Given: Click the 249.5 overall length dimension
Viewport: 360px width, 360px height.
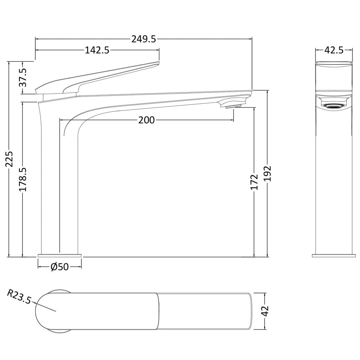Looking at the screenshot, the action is tap(144, 39).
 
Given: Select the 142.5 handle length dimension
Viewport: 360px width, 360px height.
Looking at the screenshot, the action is tap(97, 50).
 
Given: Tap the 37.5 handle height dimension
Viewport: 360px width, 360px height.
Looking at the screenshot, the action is tap(23, 78).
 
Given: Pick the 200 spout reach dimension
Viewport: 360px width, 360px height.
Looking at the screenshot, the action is tap(146, 120).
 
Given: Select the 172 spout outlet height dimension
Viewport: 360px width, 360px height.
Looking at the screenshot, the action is tap(254, 182).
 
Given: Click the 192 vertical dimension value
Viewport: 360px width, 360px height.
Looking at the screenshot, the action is tap(267, 174).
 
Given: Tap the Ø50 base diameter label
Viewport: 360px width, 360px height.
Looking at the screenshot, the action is tap(59, 267).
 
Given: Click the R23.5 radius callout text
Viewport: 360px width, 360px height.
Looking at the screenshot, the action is tap(19, 297).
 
